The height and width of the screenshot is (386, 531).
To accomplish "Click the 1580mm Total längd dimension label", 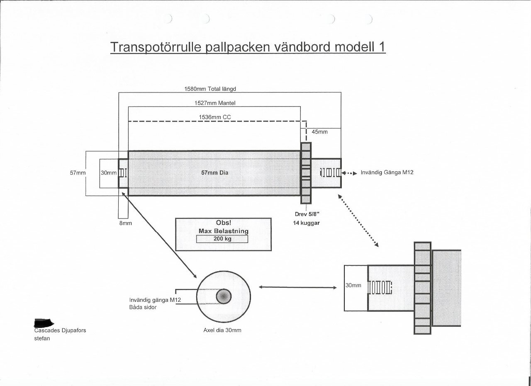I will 210,89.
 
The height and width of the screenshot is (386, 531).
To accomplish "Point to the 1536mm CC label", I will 214,117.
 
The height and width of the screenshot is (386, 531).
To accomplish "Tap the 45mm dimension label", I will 319,132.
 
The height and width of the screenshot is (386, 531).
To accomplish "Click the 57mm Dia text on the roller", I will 214,173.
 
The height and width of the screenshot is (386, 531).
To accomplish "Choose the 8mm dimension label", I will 125,223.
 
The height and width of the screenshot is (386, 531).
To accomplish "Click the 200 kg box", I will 222,239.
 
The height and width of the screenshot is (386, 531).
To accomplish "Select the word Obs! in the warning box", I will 223,223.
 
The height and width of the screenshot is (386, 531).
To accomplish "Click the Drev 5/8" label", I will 307,214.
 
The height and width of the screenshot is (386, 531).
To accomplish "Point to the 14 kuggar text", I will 307,223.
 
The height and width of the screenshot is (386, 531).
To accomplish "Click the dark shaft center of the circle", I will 224,296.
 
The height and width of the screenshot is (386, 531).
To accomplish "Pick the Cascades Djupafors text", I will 60,330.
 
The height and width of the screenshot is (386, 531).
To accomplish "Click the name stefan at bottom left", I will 41,338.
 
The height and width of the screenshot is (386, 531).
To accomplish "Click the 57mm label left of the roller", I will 77,173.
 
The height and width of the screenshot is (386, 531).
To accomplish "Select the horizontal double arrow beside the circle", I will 297,287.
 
